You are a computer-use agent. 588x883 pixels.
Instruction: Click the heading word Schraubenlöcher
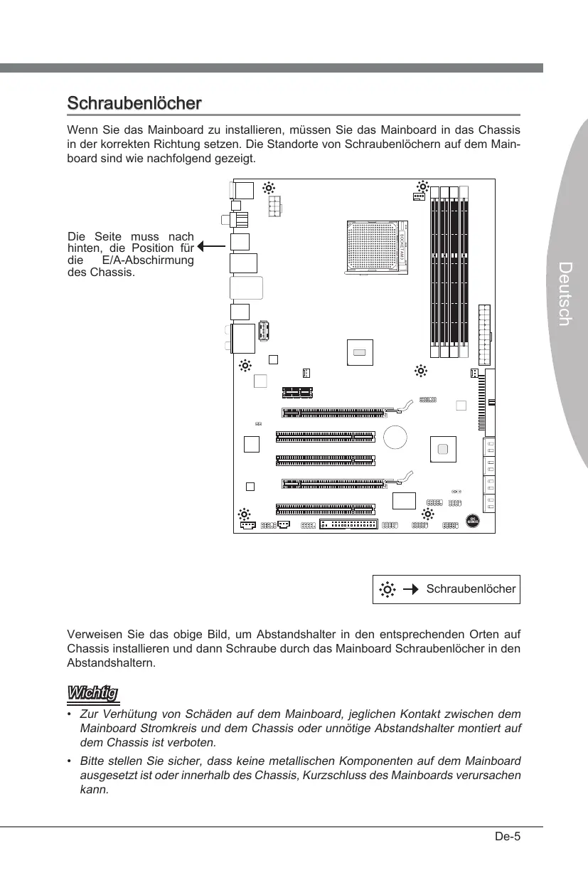134,103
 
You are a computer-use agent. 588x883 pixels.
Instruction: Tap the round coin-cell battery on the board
395,436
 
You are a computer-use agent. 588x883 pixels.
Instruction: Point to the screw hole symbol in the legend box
387,589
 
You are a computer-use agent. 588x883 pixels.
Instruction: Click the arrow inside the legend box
410,589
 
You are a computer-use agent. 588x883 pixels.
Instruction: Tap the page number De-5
508,836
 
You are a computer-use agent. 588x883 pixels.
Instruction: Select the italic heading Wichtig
92,692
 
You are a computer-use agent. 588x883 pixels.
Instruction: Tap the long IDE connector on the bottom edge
348,524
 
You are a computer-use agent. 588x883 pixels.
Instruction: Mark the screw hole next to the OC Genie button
429,514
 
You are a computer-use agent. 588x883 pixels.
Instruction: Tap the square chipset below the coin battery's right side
443,449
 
